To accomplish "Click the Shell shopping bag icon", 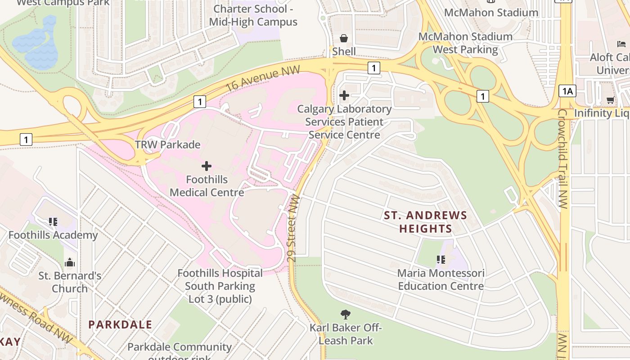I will pyautogui.click(x=344, y=38).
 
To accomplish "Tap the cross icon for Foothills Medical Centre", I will pyautogui.click(x=207, y=166).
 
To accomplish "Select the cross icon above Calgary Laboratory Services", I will pyautogui.click(x=344, y=95).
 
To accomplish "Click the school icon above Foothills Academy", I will pyautogui.click(x=53, y=221).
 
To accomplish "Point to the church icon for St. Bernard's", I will pyautogui.click(x=70, y=262).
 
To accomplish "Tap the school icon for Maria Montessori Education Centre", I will pyautogui.click(x=441, y=259).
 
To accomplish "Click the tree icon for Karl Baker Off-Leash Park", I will pyautogui.click(x=346, y=314).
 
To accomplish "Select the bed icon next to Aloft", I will pyautogui.click(x=621, y=44).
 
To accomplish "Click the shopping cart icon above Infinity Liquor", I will pyautogui.click(x=610, y=100).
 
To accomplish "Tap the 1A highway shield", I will pyautogui.click(x=567, y=91).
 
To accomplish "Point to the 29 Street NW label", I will pyautogui.click(x=293, y=229).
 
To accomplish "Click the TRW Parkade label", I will pyautogui.click(x=167, y=144).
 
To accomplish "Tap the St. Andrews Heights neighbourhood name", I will pyautogui.click(x=425, y=222).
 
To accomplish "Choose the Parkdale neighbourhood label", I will pyautogui.click(x=120, y=324).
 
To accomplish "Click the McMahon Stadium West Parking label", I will pyautogui.click(x=465, y=43).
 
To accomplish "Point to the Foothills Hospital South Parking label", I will pyautogui.click(x=220, y=286).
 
